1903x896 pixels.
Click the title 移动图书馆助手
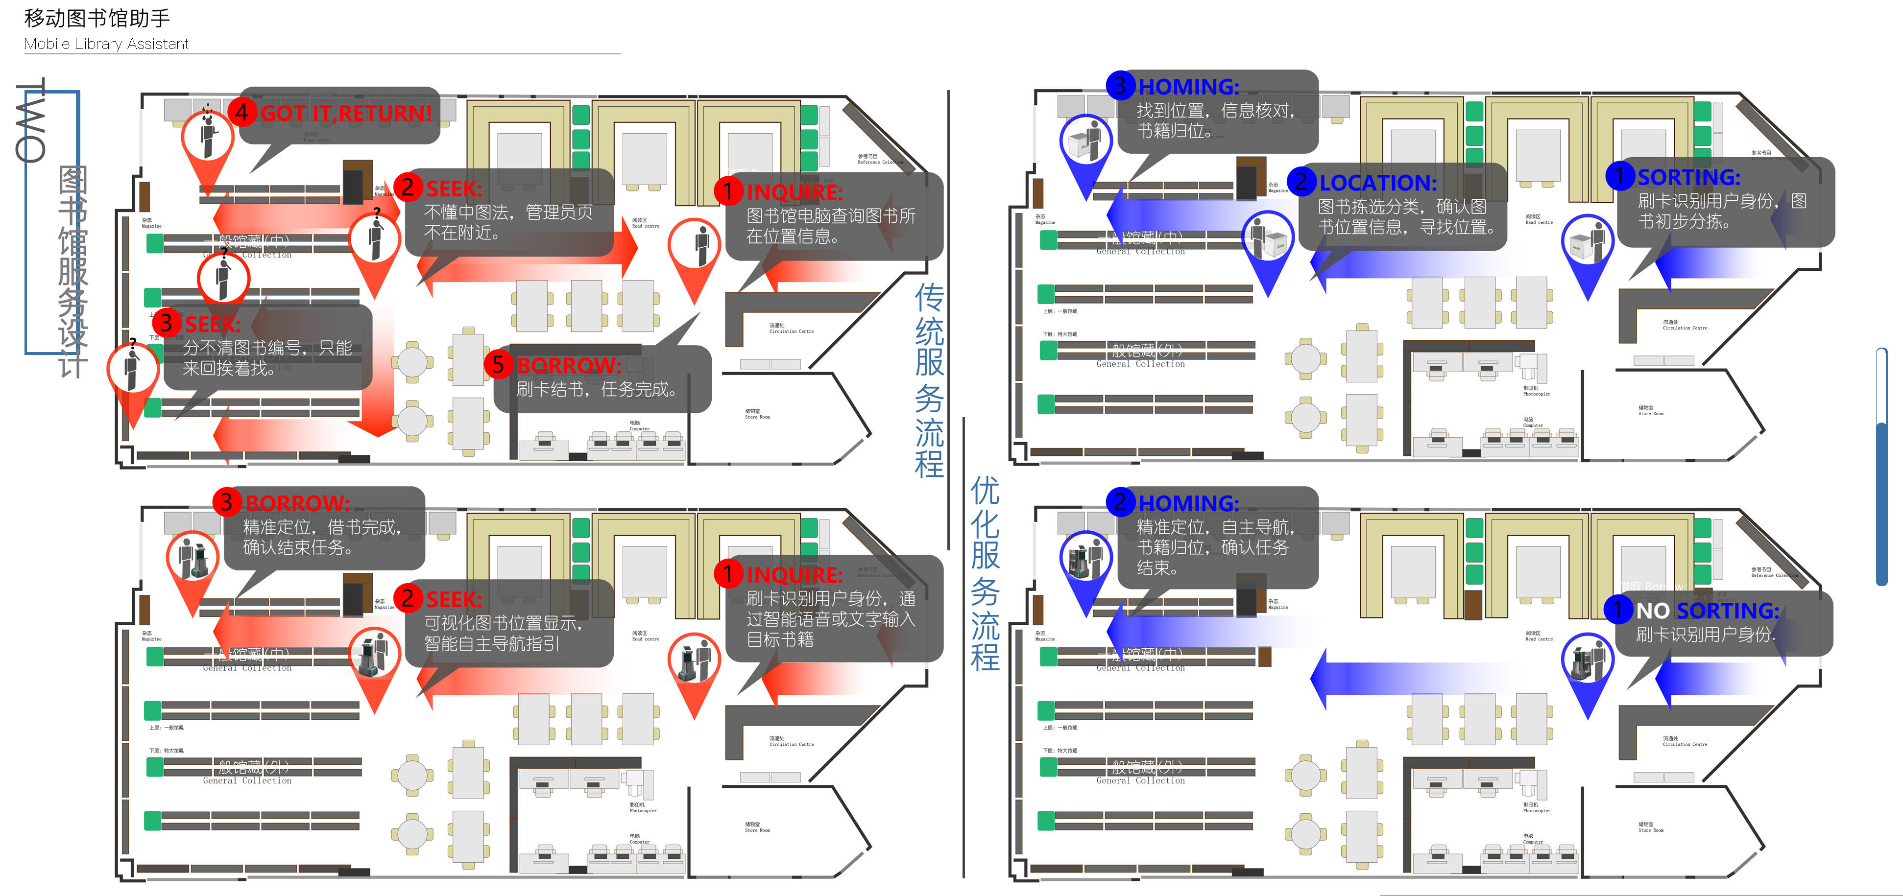(97, 18)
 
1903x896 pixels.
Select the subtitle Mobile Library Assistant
(106, 44)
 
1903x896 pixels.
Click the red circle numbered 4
(241, 112)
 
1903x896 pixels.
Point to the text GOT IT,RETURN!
(346, 114)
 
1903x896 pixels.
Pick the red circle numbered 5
(499, 364)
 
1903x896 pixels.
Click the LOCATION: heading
(1378, 183)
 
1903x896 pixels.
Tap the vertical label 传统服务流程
(929, 380)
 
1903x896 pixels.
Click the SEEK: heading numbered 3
(212, 324)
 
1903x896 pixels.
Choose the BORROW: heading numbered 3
(297, 503)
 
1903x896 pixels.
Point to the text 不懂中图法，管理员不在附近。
(508, 222)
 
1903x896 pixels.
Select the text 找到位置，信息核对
(1215, 111)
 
